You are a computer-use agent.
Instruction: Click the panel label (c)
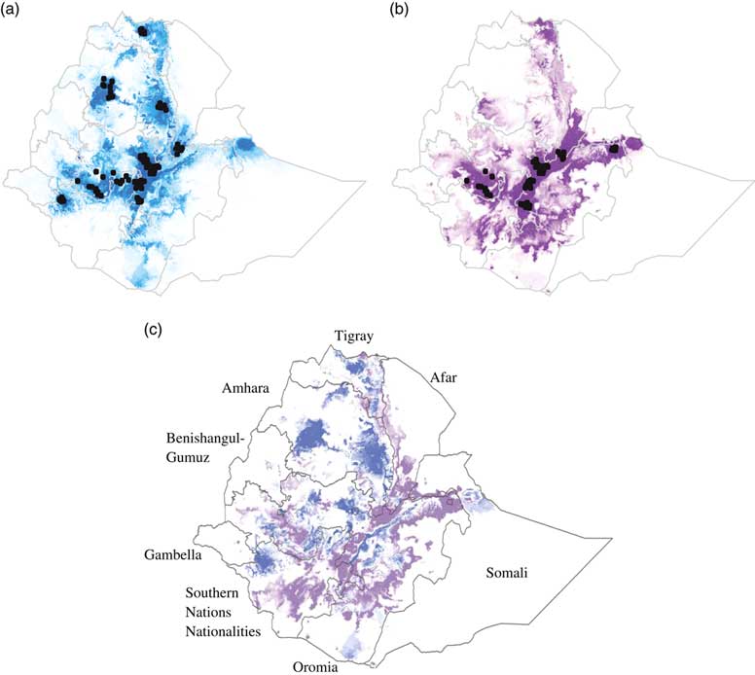[x=154, y=330]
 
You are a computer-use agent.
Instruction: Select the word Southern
[x=219, y=591]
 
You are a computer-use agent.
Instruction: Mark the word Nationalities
[x=230, y=631]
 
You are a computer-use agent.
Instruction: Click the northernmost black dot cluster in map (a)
[x=144, y=30]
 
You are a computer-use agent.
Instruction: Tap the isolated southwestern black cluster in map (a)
[x=63, y=198]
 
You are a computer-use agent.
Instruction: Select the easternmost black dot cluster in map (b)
[x=615, y=149]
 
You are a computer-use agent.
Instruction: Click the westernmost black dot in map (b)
[x=467, y=180]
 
